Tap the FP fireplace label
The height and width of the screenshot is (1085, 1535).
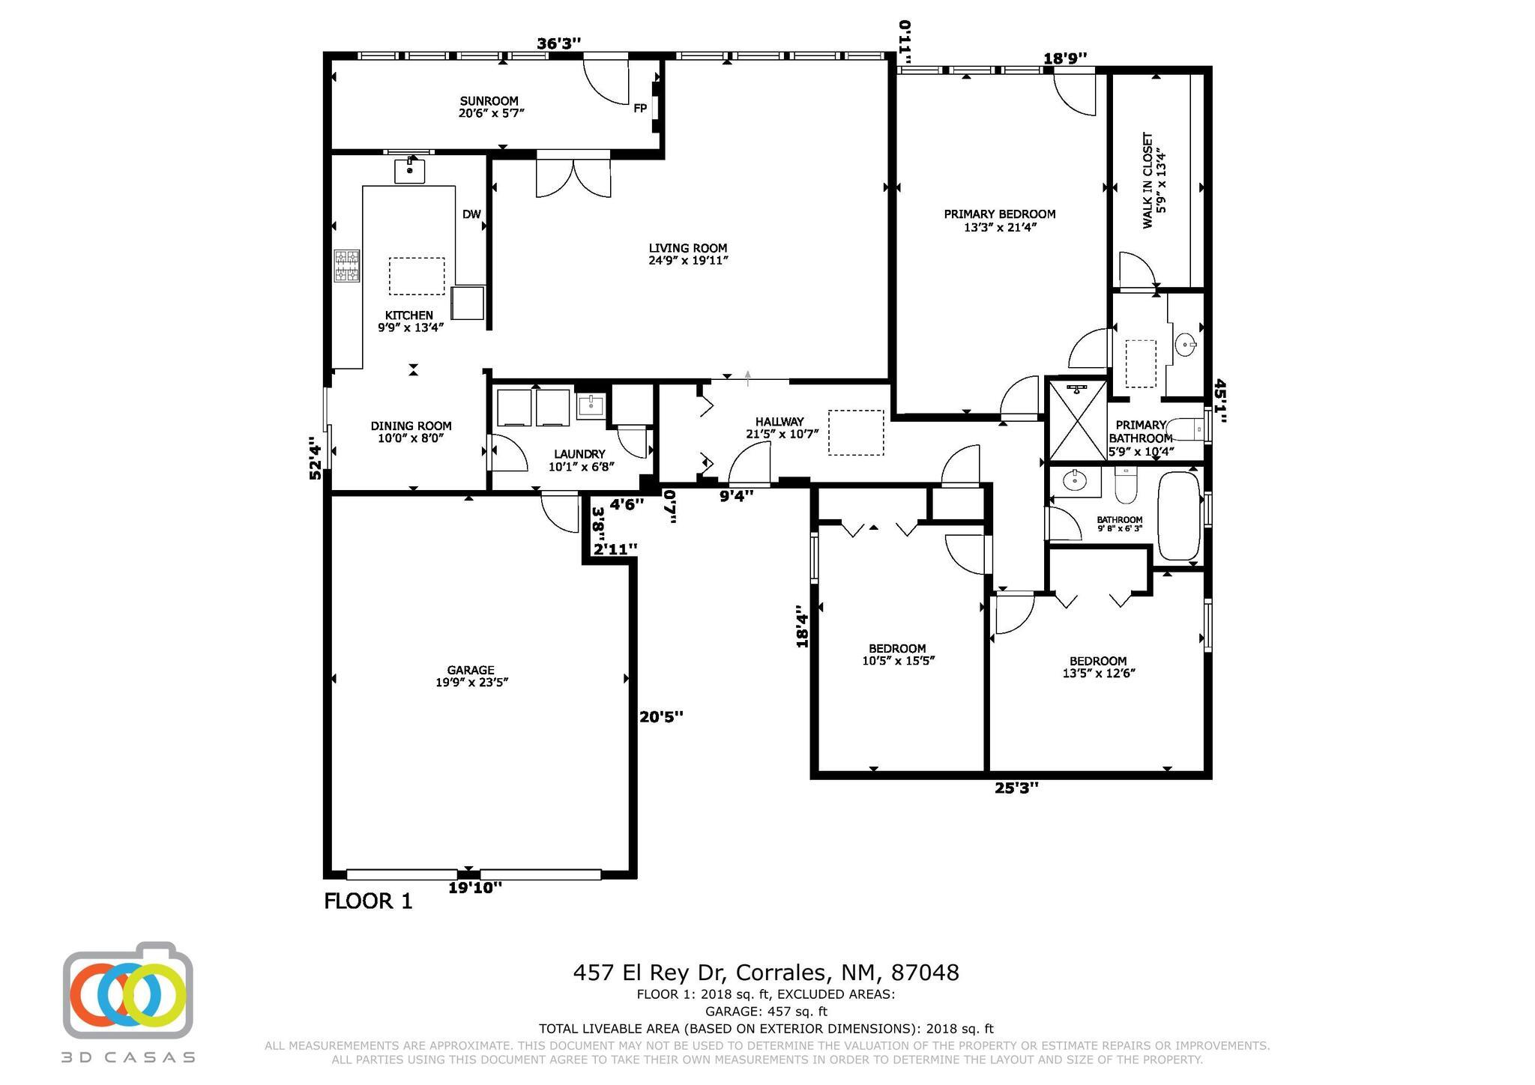pos(640,109)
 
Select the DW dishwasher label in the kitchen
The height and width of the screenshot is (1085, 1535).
pos(471,214)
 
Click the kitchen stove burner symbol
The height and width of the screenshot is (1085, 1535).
pos(346,266)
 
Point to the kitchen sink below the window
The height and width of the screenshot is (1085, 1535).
pos(410,171)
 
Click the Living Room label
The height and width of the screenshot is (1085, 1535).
pos(688,254)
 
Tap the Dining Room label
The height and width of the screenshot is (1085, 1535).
pos(411,432)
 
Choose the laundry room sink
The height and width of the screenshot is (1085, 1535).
pos(591,407)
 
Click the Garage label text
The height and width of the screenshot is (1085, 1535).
pos(471,676)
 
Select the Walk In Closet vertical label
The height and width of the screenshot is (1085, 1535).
pos(1153,181)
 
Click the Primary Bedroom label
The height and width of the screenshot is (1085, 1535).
pos(1000,220)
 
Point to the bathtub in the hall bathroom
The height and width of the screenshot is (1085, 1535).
pos(1180,516)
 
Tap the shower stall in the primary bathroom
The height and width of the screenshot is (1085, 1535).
pos(1077,420)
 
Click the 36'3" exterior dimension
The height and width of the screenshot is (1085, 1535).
pos(559,44)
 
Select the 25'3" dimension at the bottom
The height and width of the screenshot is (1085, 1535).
pos(1016,788)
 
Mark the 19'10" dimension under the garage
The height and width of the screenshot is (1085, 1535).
pos(475,888)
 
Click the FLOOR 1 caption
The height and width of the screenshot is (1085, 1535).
pos(368,901)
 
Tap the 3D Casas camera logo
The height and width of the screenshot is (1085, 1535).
pos(128,991)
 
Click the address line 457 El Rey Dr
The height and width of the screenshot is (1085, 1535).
pos(766,973)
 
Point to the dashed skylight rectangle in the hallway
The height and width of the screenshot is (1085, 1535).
pos(856,432)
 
